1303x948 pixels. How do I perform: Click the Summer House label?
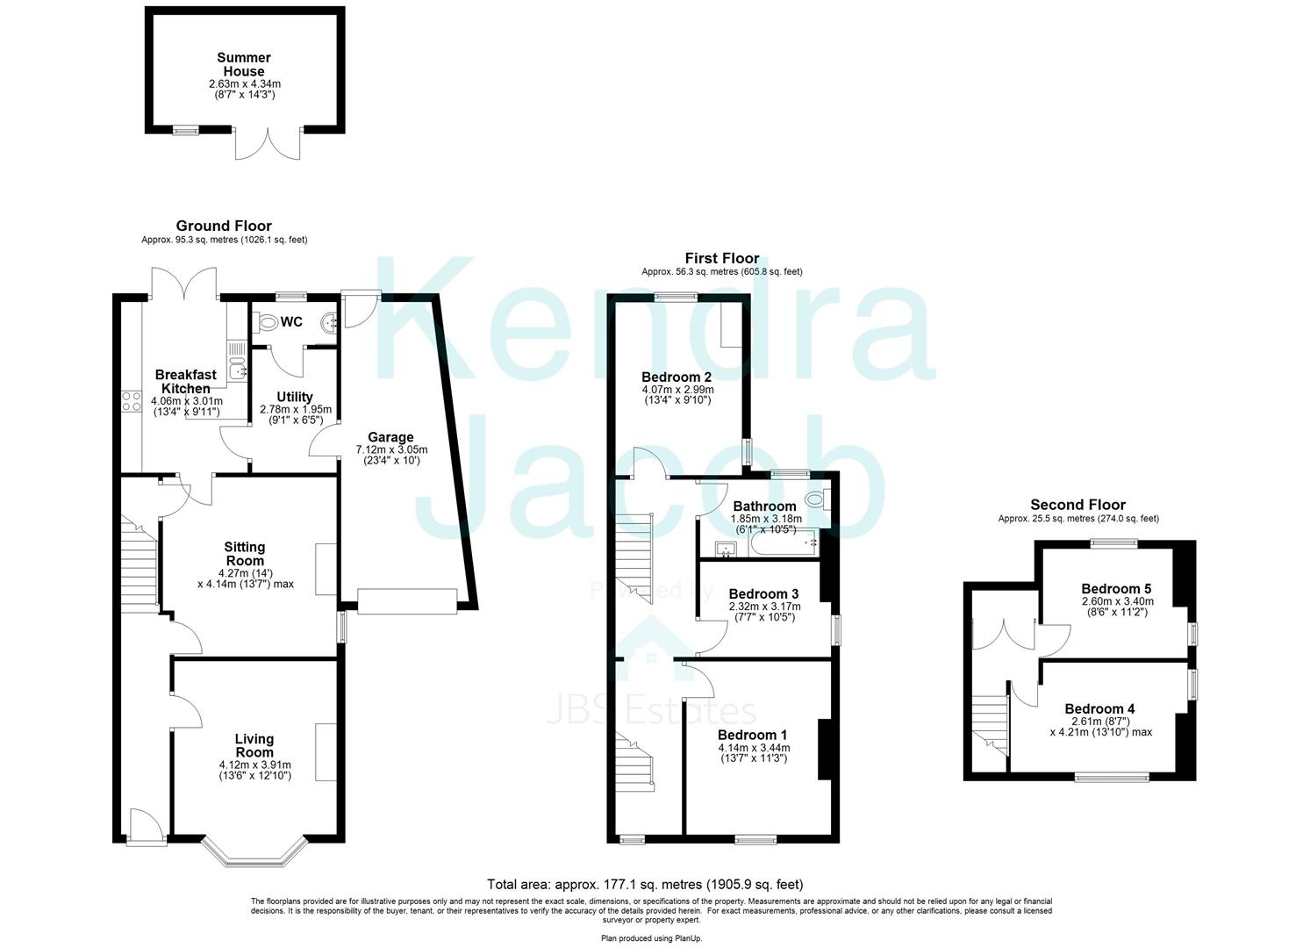pos(245,64)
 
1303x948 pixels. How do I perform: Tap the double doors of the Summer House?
pos(268,144)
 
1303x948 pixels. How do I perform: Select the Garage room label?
pos(390,437)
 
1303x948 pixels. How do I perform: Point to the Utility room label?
pos(295,398)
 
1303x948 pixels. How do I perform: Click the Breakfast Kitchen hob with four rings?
pos(132,402)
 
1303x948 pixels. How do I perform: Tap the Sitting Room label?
pos(245,554)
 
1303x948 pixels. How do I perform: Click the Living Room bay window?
pos(254,854)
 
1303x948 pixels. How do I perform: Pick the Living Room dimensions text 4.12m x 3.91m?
pos(254,765)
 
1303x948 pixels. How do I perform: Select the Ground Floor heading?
pos(224,226)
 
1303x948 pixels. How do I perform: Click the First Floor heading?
pos(721,258)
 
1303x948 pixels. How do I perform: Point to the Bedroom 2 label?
pos(677,377)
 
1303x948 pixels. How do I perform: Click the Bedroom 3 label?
pos(763,594)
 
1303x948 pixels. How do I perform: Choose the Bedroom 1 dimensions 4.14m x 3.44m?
pos(753,748)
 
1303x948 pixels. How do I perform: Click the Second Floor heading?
pos(1077,505)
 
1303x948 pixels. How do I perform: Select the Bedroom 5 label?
pos(1116,589)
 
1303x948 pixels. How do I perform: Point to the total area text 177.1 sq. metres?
pos(645,885)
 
